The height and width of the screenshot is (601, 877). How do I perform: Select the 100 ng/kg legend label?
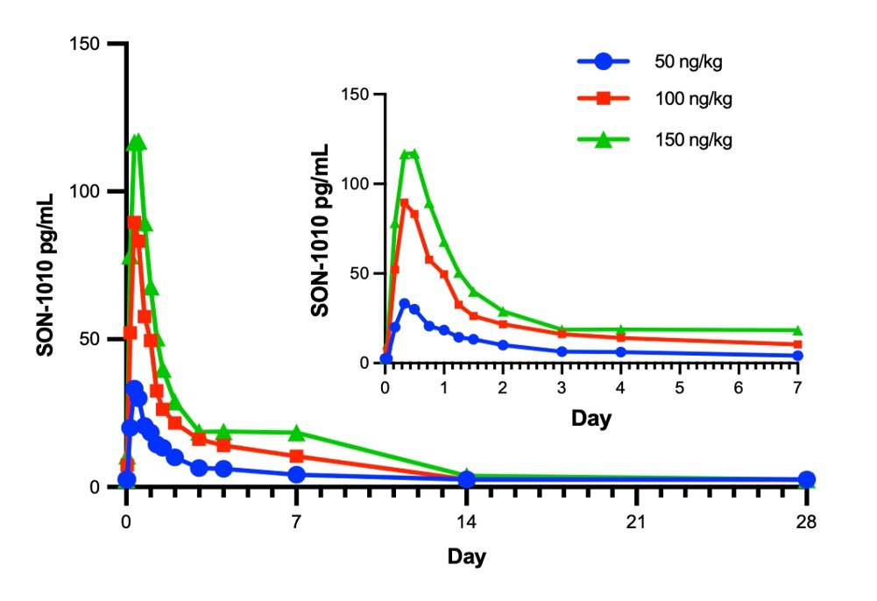[x=692, y=99]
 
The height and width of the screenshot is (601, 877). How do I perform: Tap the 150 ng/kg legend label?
[x=692, y=140]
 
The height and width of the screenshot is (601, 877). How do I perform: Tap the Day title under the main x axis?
[x=466, y=556]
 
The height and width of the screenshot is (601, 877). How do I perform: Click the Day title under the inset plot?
[x=591, y=418]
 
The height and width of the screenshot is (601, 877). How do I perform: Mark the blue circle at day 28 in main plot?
[x=806, y=479]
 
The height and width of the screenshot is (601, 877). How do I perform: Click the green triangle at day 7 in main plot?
[x=296, y=433]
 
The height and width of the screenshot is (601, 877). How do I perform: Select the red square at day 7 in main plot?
[x=296, y=456]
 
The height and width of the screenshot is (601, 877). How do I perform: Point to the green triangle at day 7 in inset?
[x=797, y=330]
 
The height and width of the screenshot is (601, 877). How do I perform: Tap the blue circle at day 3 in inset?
[x=562, y=351]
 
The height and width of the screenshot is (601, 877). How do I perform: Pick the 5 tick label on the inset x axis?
[x=680, y=386]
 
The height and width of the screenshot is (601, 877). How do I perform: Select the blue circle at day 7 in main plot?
[x=296, y=475]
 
